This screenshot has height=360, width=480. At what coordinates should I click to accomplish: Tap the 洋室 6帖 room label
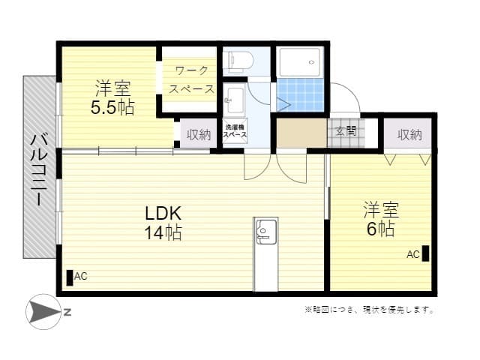click(380, 218)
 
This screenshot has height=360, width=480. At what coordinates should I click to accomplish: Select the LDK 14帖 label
click(163, 223)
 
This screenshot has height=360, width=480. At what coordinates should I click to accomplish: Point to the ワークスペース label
click(191, 79)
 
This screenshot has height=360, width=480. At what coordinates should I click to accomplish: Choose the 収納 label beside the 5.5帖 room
click(199, 135)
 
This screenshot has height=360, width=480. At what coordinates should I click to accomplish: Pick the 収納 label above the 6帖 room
click(409, 135)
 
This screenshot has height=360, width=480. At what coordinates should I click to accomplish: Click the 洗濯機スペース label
click(235, 131)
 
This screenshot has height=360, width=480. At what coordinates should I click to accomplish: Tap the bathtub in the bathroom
click(301, 61)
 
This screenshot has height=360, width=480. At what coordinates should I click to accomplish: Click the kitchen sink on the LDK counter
click(266, 231)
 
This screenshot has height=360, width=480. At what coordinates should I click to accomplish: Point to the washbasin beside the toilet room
click(235, 100)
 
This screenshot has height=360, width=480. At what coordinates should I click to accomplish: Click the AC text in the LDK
click(81, 277)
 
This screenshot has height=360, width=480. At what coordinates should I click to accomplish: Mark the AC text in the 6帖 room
click(412, 254)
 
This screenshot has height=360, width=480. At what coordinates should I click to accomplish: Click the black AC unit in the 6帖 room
click(425, 253)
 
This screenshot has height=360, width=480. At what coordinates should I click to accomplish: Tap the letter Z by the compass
click(67, 312)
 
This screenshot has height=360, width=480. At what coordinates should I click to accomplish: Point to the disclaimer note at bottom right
click(369, 310)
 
